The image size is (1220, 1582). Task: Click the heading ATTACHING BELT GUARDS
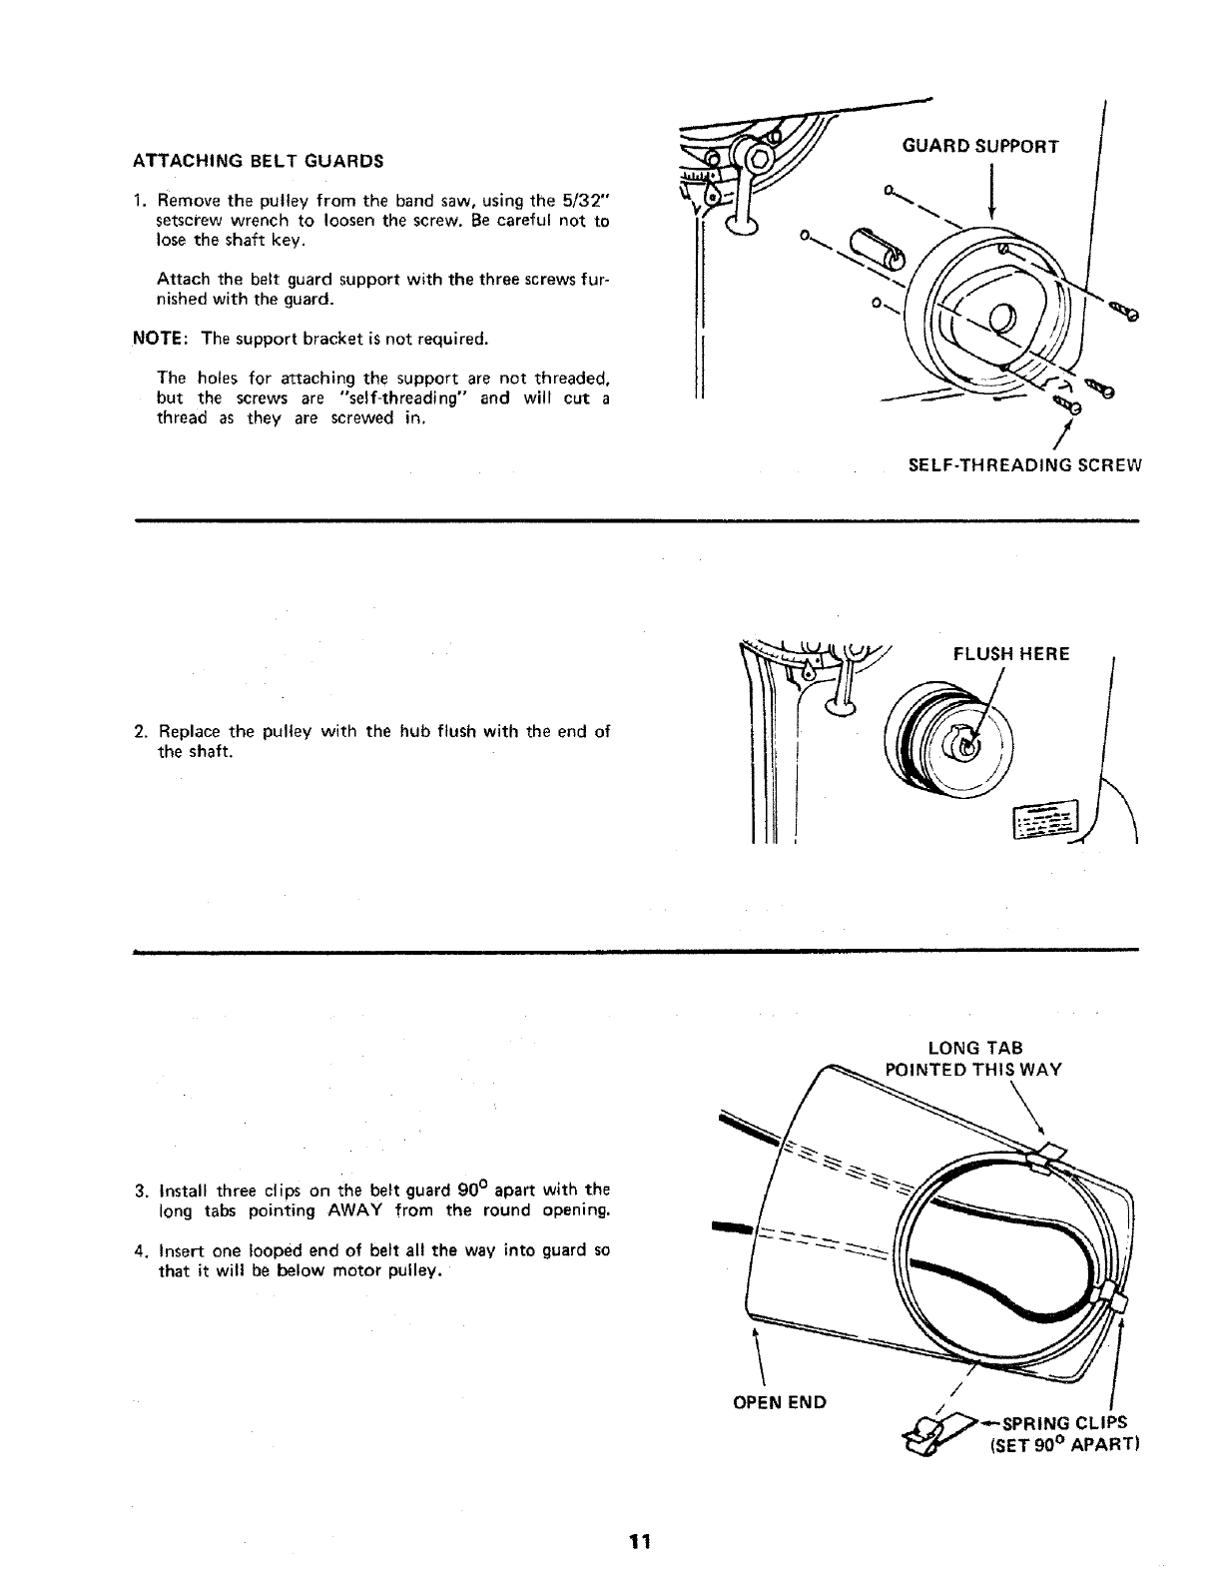click(258, 160)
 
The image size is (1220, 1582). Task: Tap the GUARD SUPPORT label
click(979, 147)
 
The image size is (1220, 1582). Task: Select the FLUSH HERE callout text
click(1011, 654)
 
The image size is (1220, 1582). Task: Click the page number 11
click(639, 1541)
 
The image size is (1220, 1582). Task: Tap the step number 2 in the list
click(139, 731)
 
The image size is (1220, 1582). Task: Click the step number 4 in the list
click(139, 1250)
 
